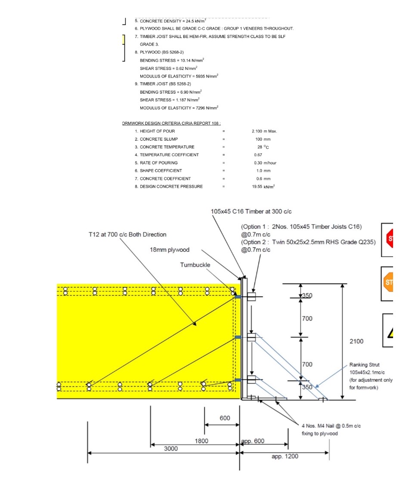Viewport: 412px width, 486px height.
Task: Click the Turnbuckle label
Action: click(x=195, y=265)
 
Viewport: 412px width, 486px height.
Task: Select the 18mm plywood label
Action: click(x=169, y=250)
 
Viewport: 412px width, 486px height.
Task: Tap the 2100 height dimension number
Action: click(x=356, y=341)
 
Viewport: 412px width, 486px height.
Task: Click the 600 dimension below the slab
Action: click(x=225, y=418)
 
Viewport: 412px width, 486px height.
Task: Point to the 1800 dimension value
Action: click(x=201, y=441)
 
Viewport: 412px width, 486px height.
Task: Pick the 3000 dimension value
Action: click(x=171, y=448)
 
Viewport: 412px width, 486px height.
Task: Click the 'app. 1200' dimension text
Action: click(x=285, y=456)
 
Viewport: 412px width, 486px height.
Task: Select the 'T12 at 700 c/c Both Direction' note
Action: click(x=127, y=234)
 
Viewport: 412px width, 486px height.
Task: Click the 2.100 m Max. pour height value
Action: click(x=264, y=131)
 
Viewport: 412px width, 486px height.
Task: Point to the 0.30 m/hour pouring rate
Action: click(x=265, y=163)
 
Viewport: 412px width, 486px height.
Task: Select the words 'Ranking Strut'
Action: click(x=364, y=365)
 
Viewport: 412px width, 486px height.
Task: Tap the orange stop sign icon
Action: click(x=388, y=283)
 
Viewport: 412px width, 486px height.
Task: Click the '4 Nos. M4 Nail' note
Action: click(x=331, y=426)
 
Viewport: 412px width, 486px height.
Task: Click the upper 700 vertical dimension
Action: click(x=307, y=318)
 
